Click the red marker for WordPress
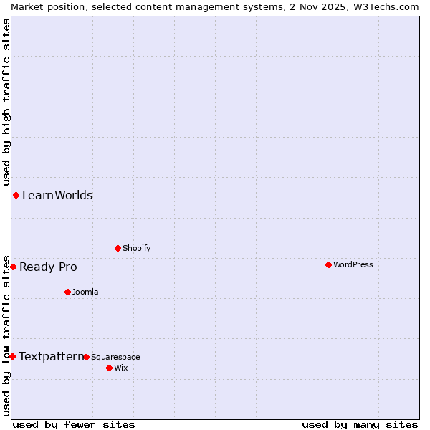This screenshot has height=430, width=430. (x=328, y=264)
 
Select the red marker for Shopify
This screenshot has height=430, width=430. (x=118, y=248)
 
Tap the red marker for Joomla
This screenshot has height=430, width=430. (x=67, y=292)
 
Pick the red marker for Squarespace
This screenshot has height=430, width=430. (x=86, y=357)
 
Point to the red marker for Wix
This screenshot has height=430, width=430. (x=109, y=368)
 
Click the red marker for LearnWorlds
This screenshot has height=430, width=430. (x=16, y=195)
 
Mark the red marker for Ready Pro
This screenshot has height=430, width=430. (x=13, y=267)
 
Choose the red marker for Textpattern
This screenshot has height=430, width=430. (x=12, y=356)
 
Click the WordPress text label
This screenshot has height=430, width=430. (x=353, y=264)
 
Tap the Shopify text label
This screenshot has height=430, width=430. (x=136, y=248)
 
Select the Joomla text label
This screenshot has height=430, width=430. (x=85, y=292)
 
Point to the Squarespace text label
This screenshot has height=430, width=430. (x=115, y=357)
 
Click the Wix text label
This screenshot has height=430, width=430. (x=120, y=368)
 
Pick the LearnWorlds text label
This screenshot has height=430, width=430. (x=57, y=195)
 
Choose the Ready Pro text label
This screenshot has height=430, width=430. (x=48, y=267)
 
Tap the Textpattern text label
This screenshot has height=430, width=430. (x=51, y=356)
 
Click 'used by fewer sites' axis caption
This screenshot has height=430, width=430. (x=74, y=424)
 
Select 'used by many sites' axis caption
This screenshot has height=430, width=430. (x=360, y=424)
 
